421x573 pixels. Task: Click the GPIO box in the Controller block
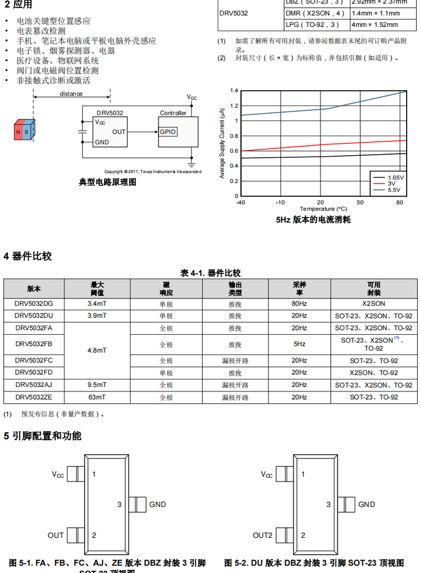pyautogui.click(x=167, y=132)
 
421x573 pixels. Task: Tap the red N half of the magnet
pyautogui.click(x=19, y=132)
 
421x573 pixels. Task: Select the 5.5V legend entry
pyautogui.click(x=393, y=190)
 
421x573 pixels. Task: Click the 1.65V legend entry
pyautogui.click(x=395, y=177)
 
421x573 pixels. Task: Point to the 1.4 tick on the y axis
pyautogui.click(x=234, y=91)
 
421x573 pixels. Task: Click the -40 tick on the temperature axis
pyautogui.click(x=240, y=203)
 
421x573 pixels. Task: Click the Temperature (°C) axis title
pyautogui.click(x=323, y=209)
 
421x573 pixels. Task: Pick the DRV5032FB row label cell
pyautogui.click(x=34, y=344)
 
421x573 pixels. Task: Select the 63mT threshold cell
pyautogui.click(x=97, y=397)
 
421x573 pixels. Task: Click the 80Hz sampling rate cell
pyautogui.click(x=299, y=303)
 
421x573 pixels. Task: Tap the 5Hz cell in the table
pyautogui.click(x=299, y=344)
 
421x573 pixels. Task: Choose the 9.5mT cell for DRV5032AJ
pyautogui.click(x=97, y=385)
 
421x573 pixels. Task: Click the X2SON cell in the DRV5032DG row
pyautogui.click(x=373, y=303)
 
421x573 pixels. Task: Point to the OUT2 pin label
pyautogui.click(x=262, y=535)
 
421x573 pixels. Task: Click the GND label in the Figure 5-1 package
pyautogui.click(x=157, y=504)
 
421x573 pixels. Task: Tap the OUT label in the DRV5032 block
pyautogui.click(x=119, y=132)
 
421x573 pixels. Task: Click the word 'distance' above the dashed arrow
pyautogui.click(x=71, y=94)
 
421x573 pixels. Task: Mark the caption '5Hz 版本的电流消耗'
pyautogui.click(x=313, y=220)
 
